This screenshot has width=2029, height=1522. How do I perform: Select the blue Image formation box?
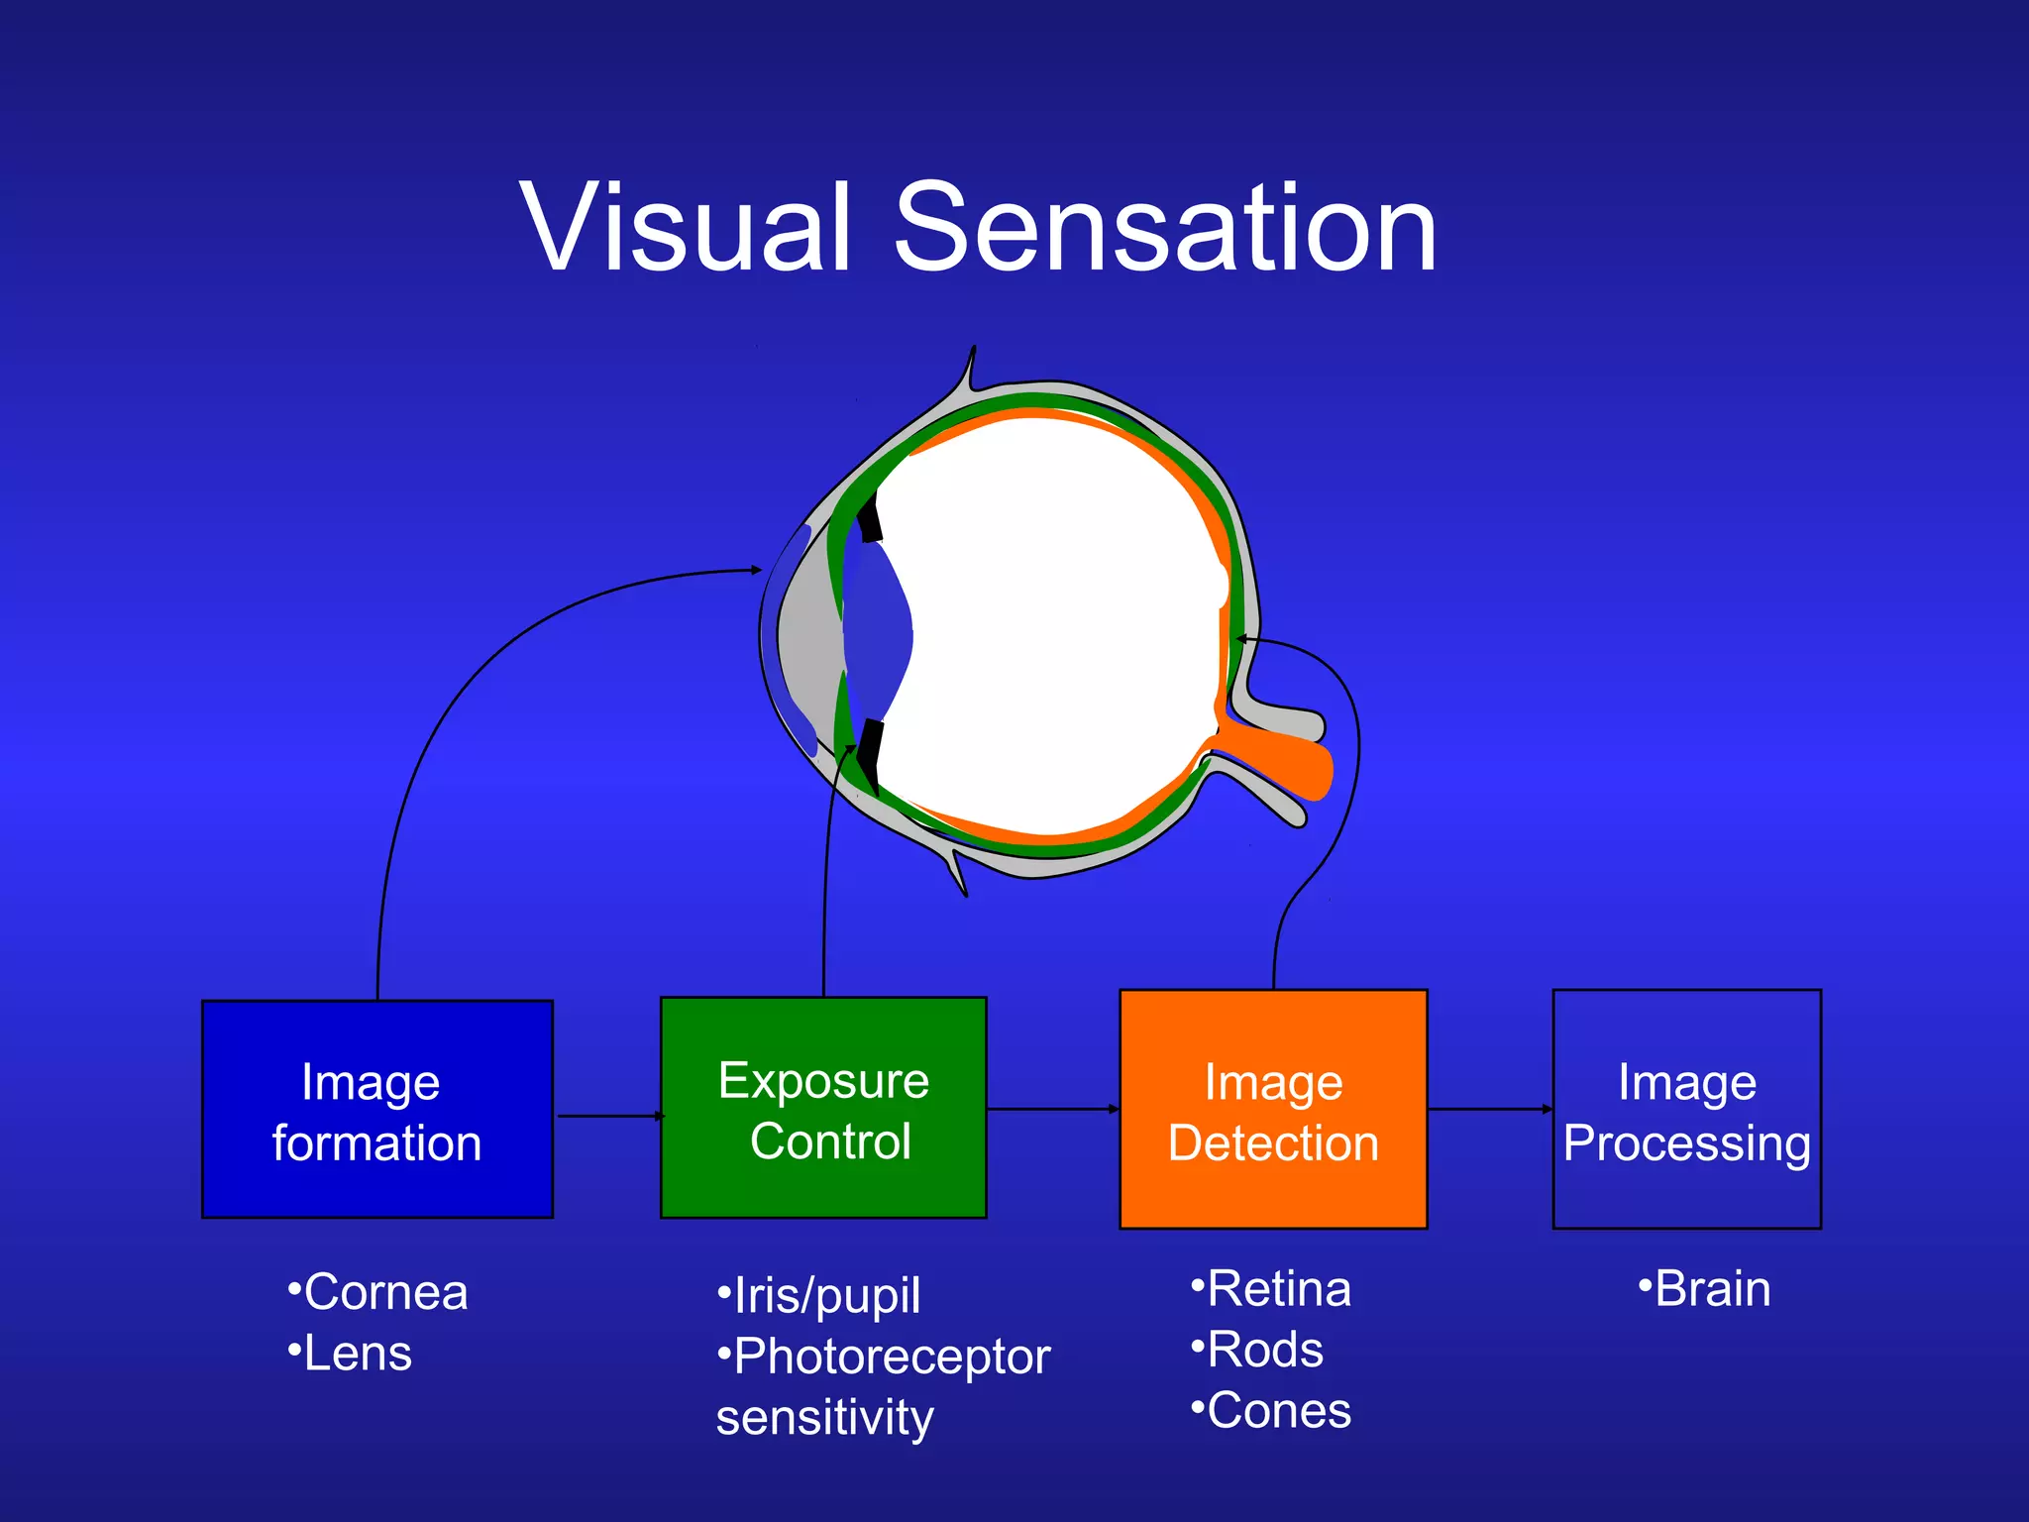point(376,1110)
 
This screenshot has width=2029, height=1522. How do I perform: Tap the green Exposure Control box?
point(823,1108)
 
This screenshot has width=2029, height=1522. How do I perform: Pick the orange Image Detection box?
point(1273,1110)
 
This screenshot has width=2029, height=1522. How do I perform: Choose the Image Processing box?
point(1686,1110)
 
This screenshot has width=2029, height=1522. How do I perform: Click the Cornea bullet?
point(377,1292)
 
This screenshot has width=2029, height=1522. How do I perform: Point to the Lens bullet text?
point(350,1354)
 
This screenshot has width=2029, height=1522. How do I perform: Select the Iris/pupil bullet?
point(819,1296)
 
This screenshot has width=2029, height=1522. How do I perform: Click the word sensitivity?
point(825,1417)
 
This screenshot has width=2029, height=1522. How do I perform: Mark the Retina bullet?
point(1271,1289)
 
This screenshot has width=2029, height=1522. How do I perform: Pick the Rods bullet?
point(1257,1350)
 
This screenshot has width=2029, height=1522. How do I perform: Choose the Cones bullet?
point(1271,1411)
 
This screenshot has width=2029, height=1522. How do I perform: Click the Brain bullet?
point(1705,1289)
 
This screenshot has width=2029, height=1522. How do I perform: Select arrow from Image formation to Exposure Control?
point(607,1116)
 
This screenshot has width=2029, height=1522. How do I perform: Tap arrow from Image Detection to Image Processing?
point(1490,1109)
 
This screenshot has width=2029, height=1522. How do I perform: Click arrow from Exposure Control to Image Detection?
point(1052,1109)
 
